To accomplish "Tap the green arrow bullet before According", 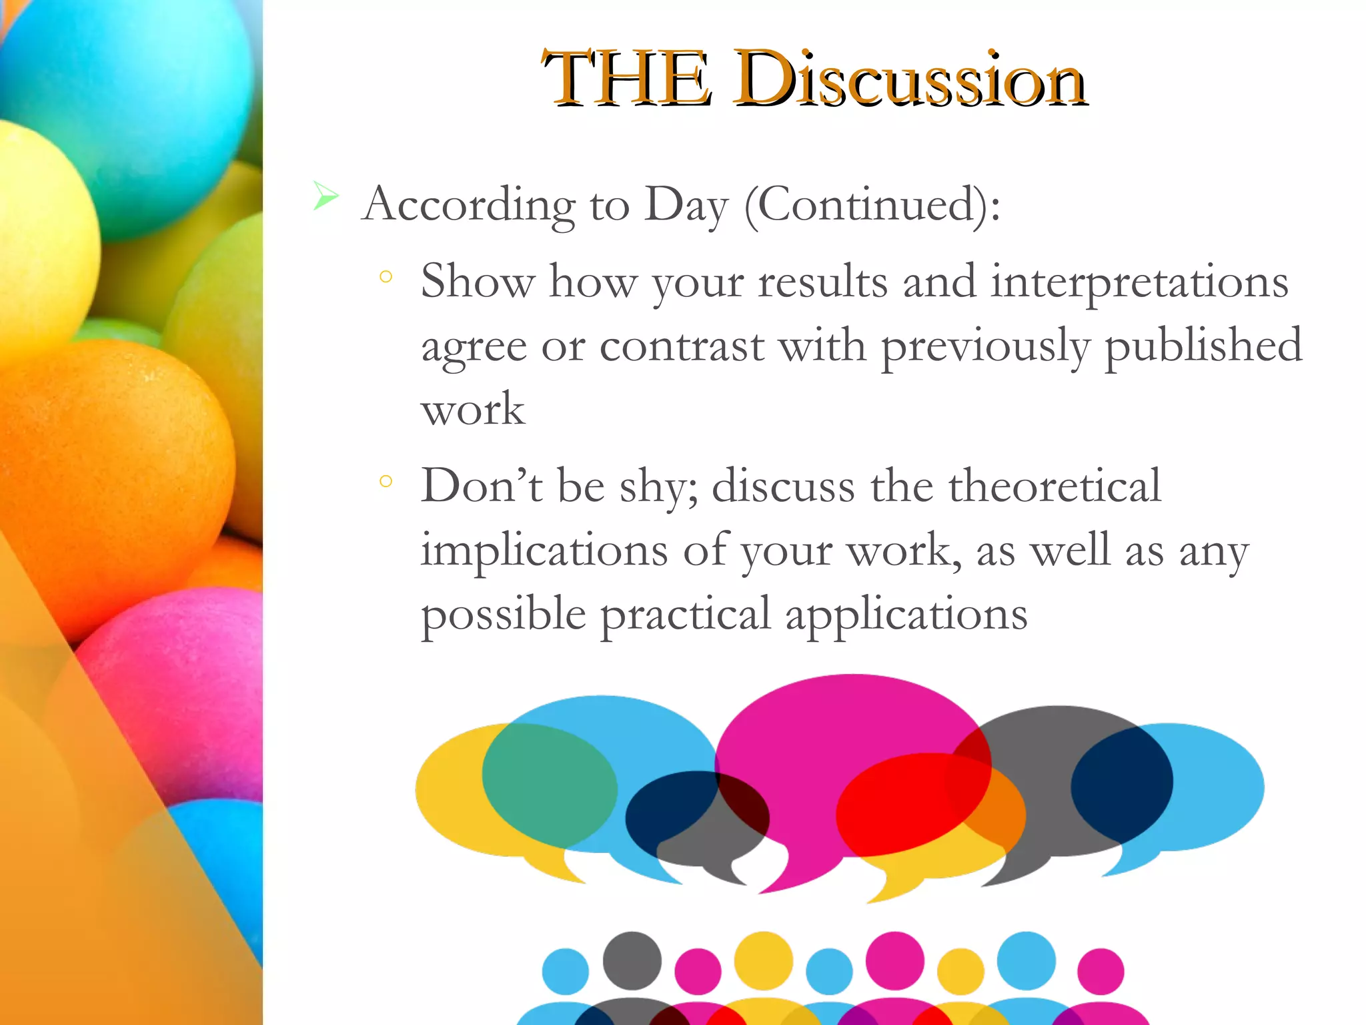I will pos(325,196).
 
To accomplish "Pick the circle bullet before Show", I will pos(386,276).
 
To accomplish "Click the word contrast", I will pos(682,347).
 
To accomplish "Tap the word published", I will pos(1203,347).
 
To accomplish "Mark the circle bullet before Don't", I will pos(386,480).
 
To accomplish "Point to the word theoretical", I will pos(1055,486).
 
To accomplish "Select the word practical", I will pos(686,615).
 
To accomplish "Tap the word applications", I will pos(906,615).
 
